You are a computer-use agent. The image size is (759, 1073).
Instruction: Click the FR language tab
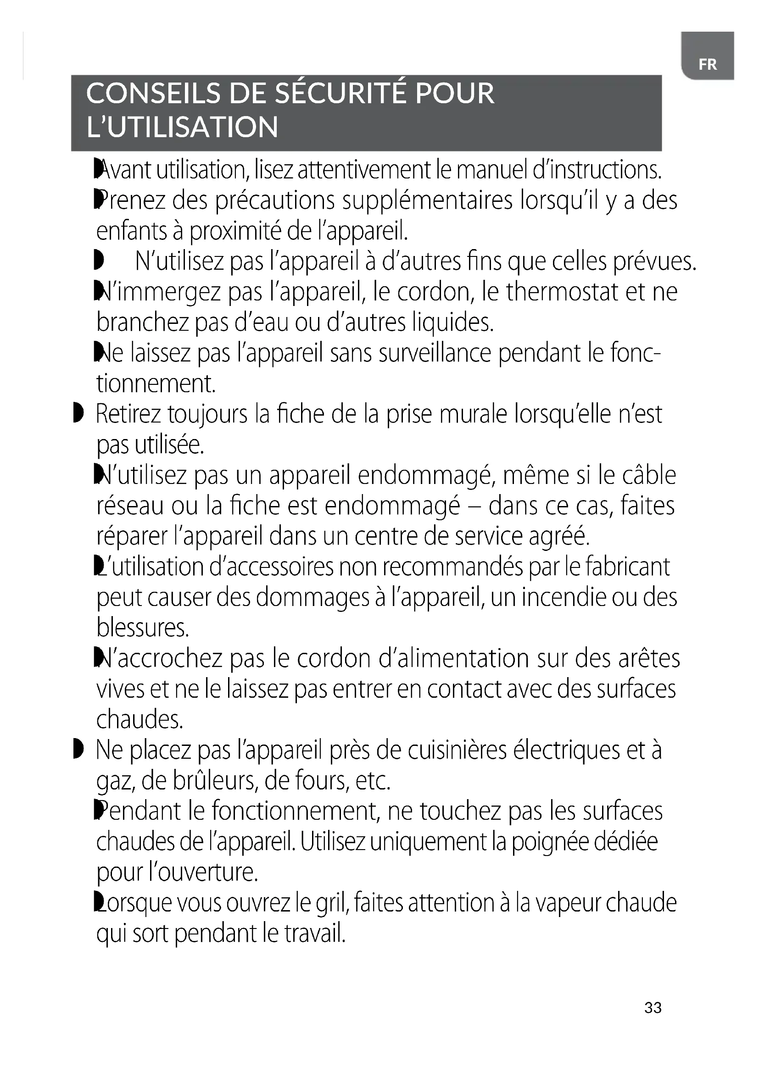click(707, 64)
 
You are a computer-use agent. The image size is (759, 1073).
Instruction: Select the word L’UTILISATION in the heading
click(182, 127)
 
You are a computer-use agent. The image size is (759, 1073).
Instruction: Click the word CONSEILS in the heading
click(153, 93)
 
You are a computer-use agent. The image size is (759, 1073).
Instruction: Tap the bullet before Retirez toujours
click(78, 413)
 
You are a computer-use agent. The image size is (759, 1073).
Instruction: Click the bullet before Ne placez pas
click(78, 749)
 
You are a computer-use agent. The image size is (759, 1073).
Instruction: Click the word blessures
click(143, 628)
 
